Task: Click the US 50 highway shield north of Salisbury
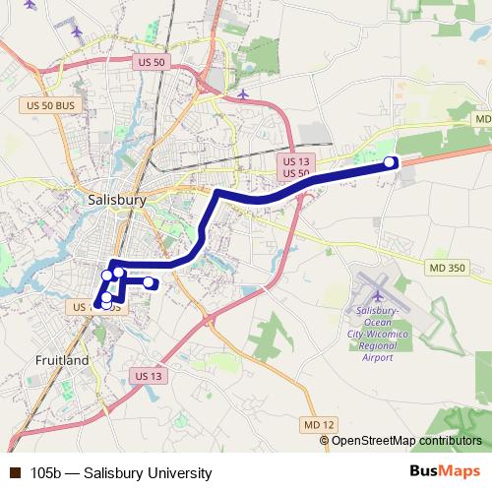pos(145,61)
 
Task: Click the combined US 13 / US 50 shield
pos(296,166)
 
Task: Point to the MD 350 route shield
pos(445,268)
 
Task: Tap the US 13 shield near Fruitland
pos(147,376)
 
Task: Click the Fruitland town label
pos(61,360)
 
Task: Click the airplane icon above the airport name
pos(379,294)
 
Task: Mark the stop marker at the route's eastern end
pos(390,162)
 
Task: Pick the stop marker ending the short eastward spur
pos(149,283)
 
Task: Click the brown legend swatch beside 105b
pos(14,473)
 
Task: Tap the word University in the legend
pos(179,473)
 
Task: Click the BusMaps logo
pos(446,472)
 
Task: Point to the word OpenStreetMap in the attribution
pos(373,440)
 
